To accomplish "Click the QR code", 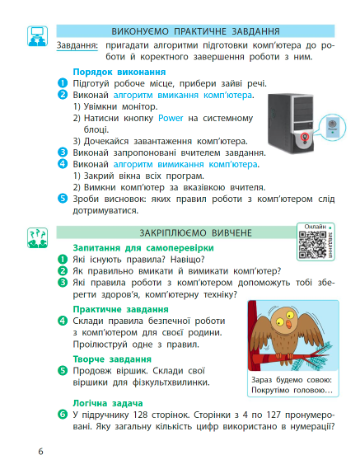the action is (312, 245).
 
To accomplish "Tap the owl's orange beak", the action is (288, 324).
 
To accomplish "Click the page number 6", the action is (40, 451).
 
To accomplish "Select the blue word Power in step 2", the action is (171, 118).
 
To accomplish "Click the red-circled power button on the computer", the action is (305, 136).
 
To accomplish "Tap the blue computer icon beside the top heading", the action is (37, 36).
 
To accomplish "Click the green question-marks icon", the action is (37, 237).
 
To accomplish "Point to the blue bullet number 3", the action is (63, 152).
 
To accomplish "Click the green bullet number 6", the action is (63, 415).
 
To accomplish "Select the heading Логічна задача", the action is (108, 403).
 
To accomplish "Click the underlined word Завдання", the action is (77, 45).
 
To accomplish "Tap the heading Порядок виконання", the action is (119, 72).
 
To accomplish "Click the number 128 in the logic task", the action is (141, 415).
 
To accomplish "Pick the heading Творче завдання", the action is (112, 359).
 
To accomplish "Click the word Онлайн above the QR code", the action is (316, 227).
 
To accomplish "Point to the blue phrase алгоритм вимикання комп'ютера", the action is (185, 164).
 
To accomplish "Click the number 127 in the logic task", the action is (274, 415).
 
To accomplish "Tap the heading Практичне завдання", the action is (121, 309).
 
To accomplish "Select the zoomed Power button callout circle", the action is (332, 128).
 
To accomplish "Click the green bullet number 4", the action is (63, 321).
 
